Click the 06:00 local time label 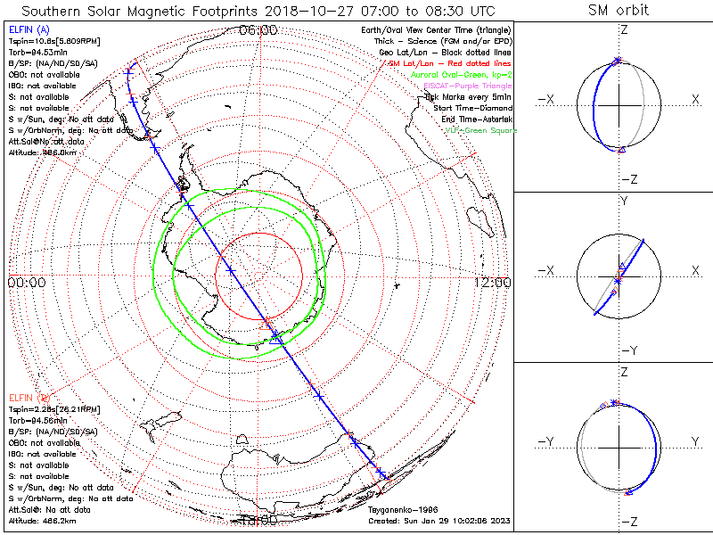click(258, 29)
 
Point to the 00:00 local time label click(26, 283)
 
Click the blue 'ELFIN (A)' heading click(26, 29)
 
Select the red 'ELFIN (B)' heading click(28, 397)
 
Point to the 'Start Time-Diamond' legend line click(471, 108)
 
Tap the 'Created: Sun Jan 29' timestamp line click(438, 520)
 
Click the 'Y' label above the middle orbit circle click(624, 202)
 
